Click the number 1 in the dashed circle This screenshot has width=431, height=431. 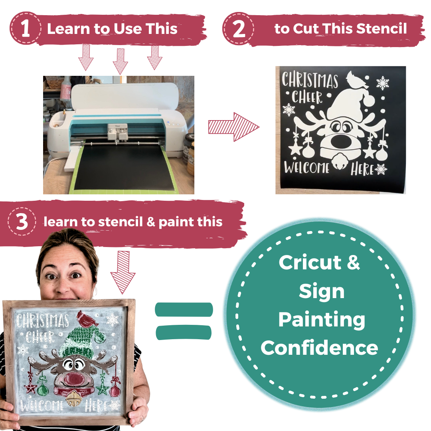click(x=25, y=28)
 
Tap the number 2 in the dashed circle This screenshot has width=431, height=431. click(x=239, y=29)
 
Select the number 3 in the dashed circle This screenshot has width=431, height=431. click(x=22, y=221)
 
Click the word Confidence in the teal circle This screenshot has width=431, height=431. click(x=319, y=348)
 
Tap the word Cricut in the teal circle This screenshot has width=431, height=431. click(x=310, y=262)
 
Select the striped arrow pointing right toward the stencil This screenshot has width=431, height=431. click(x=233, y=127)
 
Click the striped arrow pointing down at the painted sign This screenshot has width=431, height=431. click(x=123, y=272)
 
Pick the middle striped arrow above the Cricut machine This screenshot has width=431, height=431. click(x=120, y=61)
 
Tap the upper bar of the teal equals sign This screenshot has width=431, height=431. click(x=184, y=310)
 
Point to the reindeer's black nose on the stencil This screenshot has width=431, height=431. click(x=341, y=141)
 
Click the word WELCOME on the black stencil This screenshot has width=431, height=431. click(x=306, y=167)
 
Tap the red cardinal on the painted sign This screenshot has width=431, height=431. click(x=86, y=318)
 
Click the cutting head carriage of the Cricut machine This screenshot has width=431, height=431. click(x=118, y=132)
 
